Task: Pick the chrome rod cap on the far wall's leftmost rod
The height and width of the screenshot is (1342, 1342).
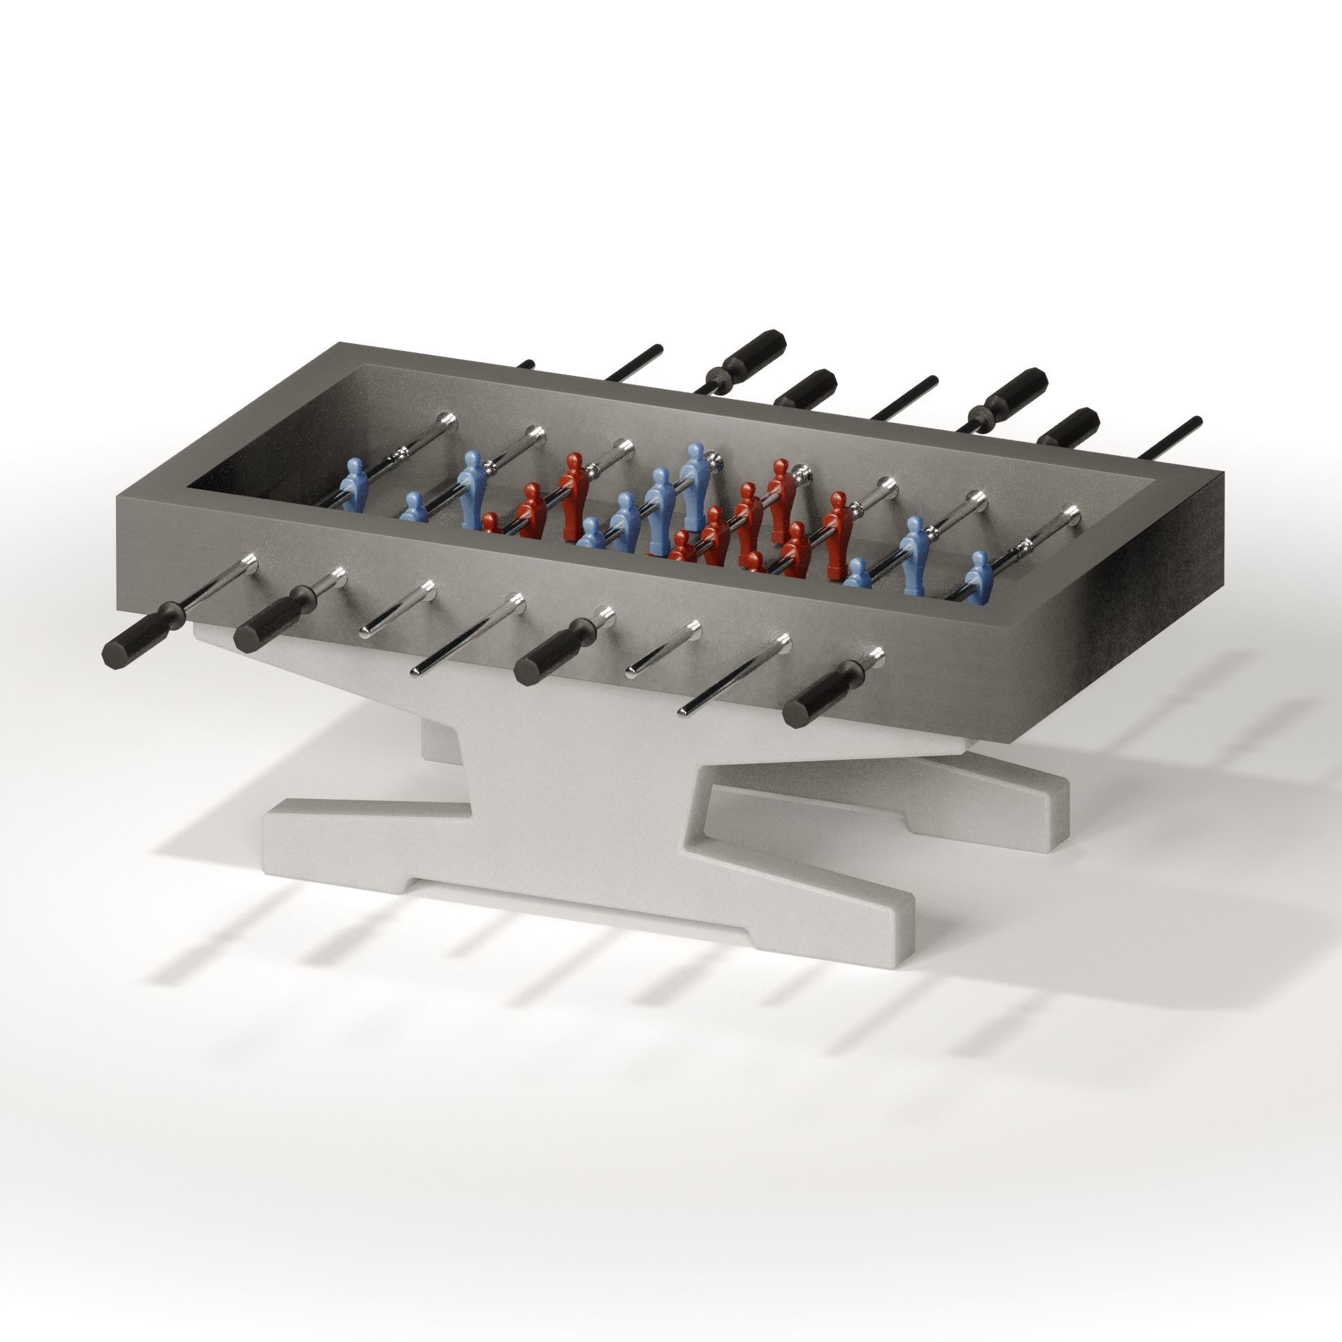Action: (x=446, y=419)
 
